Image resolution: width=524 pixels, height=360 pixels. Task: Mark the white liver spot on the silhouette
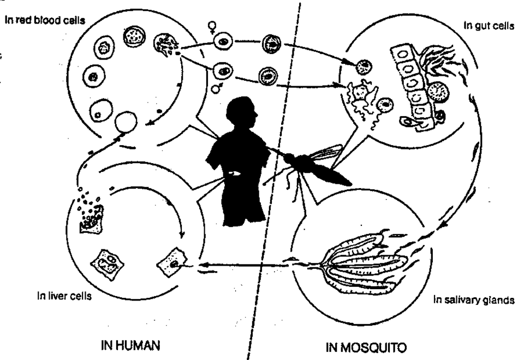pos(235,174)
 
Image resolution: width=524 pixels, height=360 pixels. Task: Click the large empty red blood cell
pos(126,121)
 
